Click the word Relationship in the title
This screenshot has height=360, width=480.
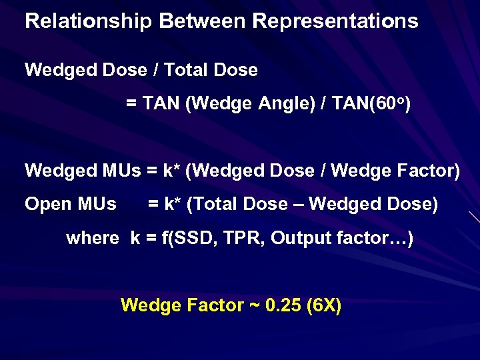(89, 21)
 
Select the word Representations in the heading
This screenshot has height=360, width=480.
(335, 21)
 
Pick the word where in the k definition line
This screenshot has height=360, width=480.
(93, 238)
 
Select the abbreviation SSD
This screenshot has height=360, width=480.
(180, 238)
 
